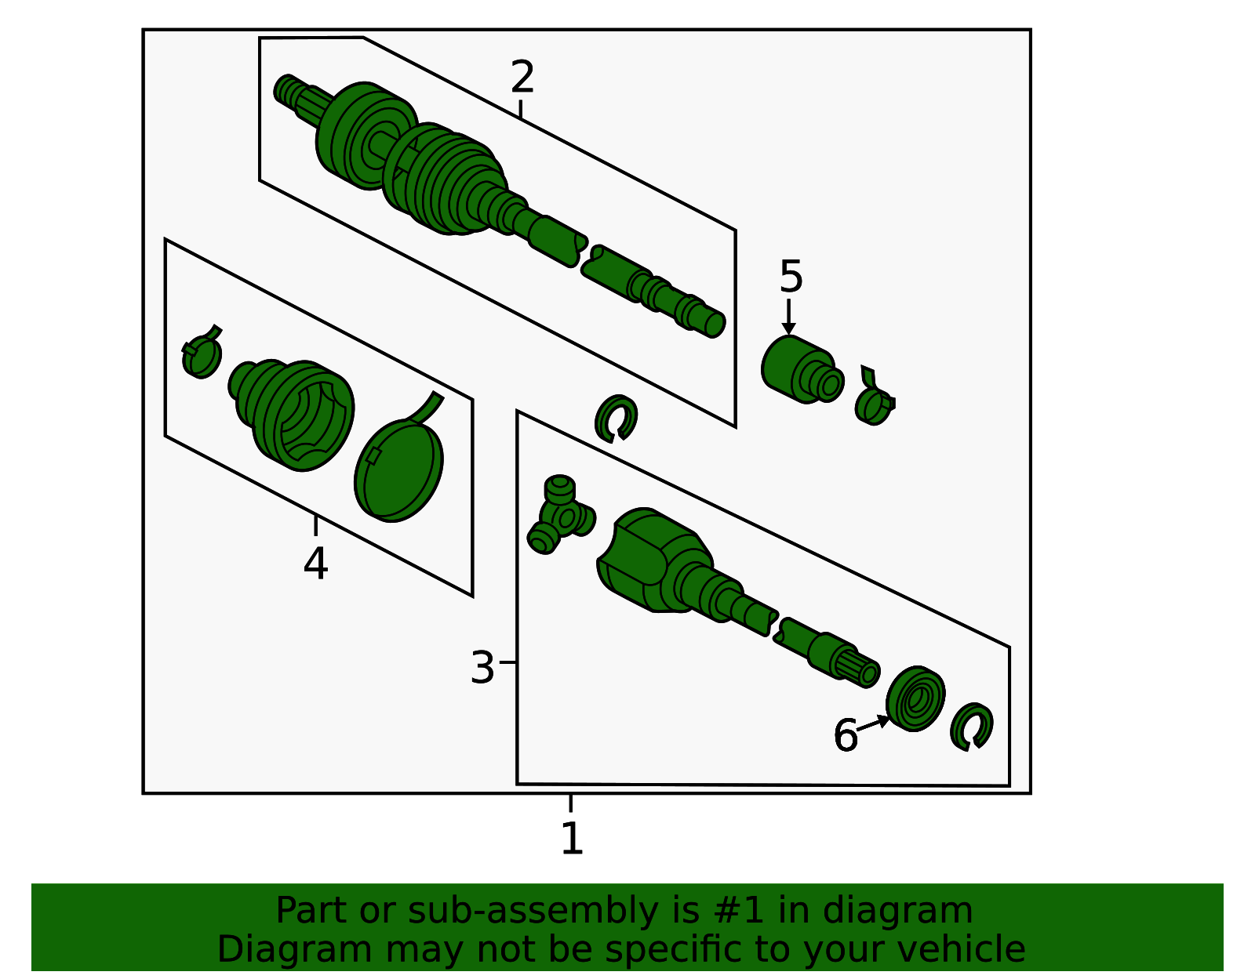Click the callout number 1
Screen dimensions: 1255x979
point(572,838)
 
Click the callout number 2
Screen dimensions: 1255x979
point(522,76)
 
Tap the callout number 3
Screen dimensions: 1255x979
point(482,668)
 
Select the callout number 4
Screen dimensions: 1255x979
point(315,564)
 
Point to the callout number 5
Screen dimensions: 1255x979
point(791,277)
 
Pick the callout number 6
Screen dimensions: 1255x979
point(846,735)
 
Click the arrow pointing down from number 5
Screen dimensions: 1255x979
point(788,317)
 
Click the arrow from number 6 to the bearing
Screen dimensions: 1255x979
point(873,723)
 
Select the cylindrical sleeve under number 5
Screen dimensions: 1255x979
point(802,370)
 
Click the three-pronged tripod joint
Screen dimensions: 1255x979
point(560,515)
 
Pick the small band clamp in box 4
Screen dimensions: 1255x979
point(200,353)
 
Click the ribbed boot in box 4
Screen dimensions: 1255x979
point(291,414)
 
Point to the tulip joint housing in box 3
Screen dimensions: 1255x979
point(656,560)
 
